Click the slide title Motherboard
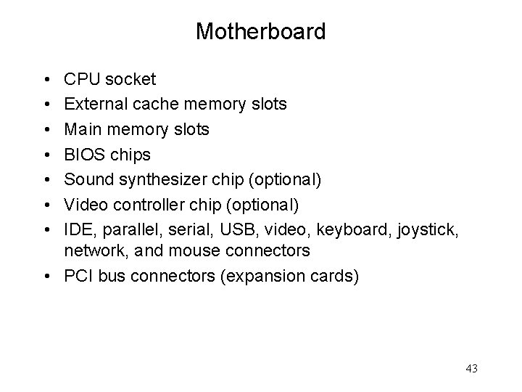[261, 32]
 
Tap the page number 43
[471, 369]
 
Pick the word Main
[81, 130]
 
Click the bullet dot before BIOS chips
[46, 155]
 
